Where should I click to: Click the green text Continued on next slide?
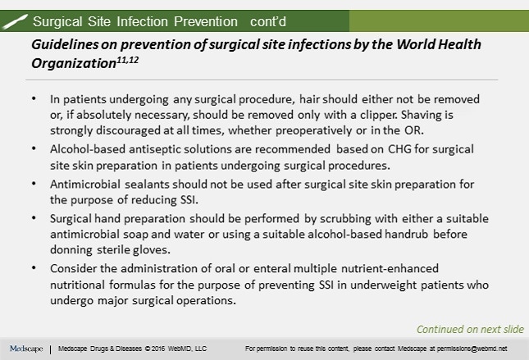(x=470, y=330)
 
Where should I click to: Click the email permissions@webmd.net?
(x=468, y=349)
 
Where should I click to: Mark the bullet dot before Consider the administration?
(x=32, y=267)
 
